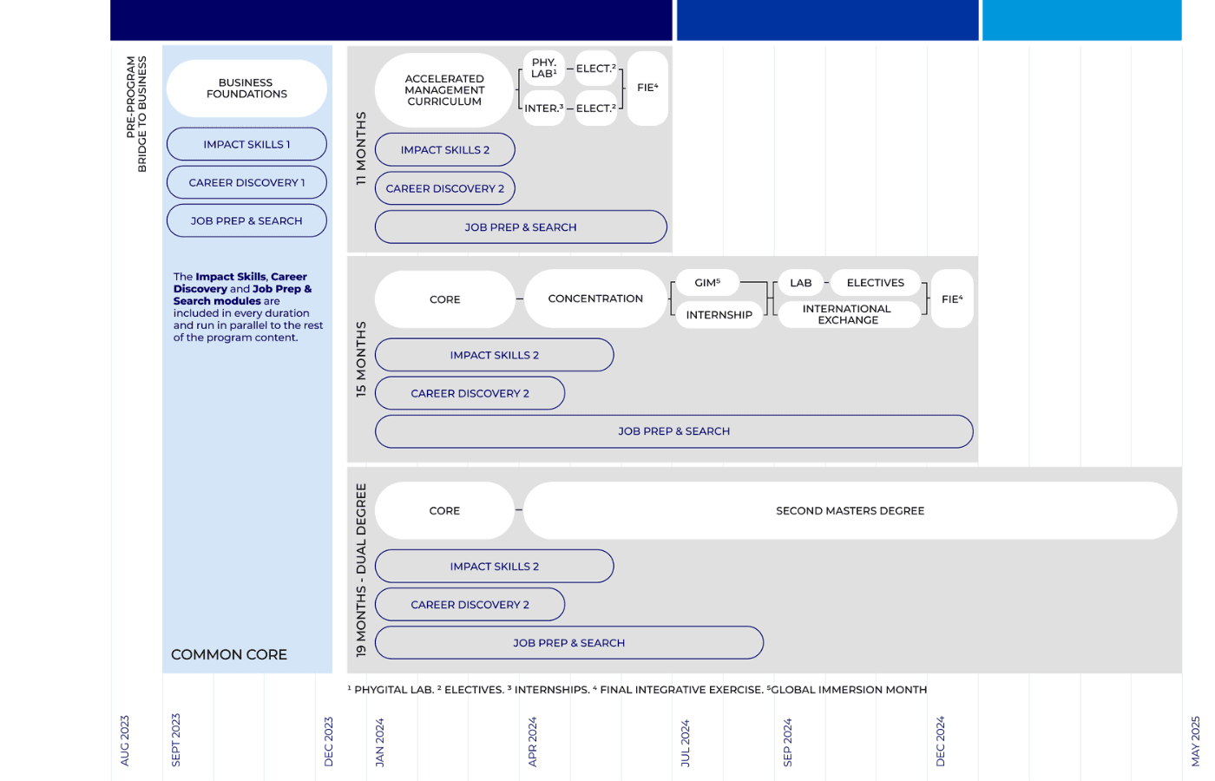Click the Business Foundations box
point(246,89)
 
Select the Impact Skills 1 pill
point(246,144)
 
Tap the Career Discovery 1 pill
point(246,183)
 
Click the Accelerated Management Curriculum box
point(444,90)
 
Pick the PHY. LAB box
point(544,69)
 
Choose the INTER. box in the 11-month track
point(544,108)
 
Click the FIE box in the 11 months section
point(647,88)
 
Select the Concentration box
point(595,299)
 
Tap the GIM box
point(708,283)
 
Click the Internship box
point(719,314)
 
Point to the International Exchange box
point(847,314)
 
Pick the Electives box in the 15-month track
point(876,283)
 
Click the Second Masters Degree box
point(850,510)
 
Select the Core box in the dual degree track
point(444,510)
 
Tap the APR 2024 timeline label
point(532,741)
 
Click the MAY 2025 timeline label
point(1196,741)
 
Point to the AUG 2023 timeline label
point(125,741)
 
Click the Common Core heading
point(229,654)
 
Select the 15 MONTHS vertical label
point(361,359)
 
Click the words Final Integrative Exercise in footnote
point(681,690)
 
